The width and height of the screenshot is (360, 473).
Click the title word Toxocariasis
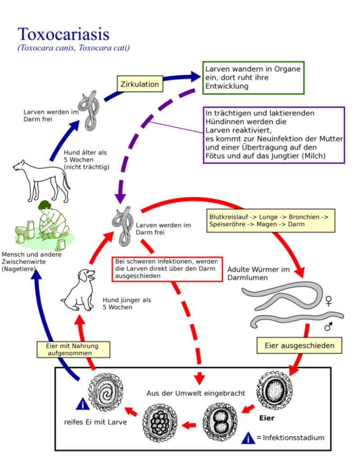click(x=63, y=34)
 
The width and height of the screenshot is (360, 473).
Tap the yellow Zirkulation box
click(x=139, y=84)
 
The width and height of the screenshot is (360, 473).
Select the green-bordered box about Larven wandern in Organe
click(x=253, y=77)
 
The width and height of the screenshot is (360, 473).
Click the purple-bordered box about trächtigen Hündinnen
click(x=274, y=135)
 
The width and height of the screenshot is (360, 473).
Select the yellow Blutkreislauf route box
click(x=271, y=220)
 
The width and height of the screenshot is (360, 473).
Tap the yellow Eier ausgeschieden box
click(x=299, y=346)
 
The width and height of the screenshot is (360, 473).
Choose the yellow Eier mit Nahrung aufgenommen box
click(x=73, y=350)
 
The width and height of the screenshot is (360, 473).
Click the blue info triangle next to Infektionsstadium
click(x=248, y=437)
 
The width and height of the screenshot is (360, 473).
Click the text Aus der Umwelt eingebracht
click(x=196, y=393)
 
